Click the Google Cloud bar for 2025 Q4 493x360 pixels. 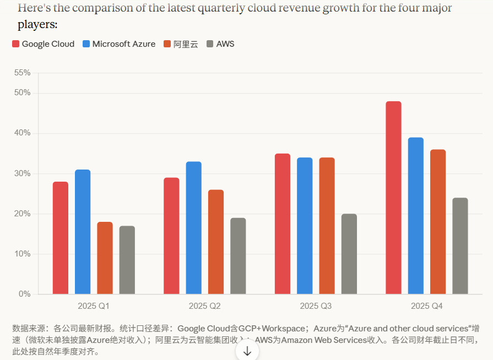(x=393, y=198)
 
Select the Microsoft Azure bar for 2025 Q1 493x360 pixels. (x=83, y=232)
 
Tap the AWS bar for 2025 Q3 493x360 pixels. (x=349, y=254)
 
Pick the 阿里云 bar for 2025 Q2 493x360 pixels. (x=216, y=242)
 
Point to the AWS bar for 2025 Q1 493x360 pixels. (x=127, y=260)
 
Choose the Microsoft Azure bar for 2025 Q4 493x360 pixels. (x=416, y=216)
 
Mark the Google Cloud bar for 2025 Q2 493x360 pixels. (x=171, y=236)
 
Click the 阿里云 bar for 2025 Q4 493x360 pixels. (x=438, y=222)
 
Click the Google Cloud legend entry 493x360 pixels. (x=44, y=44)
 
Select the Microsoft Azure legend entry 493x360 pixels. (x=119, y=44)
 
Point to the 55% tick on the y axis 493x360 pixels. (x=23, y=73)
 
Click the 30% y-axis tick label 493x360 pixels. (x=23, y=173)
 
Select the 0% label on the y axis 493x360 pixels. (x=25, y=294)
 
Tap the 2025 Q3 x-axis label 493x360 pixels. (x=316, y=306)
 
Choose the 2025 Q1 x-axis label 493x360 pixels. (x=94, y=306)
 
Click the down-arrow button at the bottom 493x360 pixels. (x=247, y=351)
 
